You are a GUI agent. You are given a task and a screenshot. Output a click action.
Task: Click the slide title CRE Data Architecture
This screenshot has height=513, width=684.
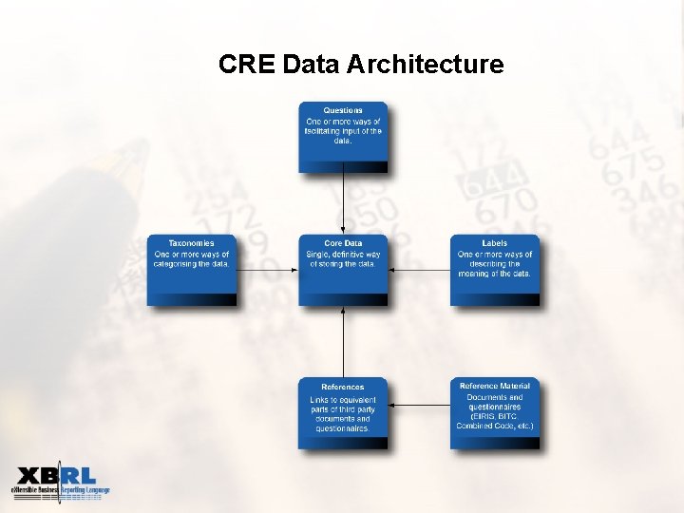[x=360, y=65]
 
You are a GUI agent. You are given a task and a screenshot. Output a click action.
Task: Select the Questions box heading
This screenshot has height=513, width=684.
[x=343, y=110]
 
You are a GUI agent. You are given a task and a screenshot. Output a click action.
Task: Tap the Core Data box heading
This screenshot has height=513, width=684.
[x=343, y=243]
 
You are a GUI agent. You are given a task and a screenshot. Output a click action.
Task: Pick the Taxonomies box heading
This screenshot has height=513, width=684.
[x=191, y=243]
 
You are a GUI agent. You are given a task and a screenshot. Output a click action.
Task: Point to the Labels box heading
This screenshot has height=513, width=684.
[x=495, y=243]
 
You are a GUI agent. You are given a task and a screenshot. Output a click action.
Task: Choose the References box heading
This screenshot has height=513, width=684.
[x=343, y=387]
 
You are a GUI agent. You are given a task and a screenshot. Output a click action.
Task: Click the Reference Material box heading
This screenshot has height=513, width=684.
[x=495, y=386]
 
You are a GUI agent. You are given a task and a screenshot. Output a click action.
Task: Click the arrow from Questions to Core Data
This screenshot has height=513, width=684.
[x=343, y=203]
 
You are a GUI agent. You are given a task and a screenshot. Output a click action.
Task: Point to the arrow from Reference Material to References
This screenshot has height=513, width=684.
[x=419, y=406]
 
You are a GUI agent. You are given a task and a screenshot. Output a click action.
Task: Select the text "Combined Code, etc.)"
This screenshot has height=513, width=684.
[x=495, y=426]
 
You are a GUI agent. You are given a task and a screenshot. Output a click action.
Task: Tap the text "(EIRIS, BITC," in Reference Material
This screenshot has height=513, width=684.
[x=495, y=416]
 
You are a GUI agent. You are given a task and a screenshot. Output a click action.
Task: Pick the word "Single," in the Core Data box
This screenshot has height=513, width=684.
[x=318, y=254]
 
